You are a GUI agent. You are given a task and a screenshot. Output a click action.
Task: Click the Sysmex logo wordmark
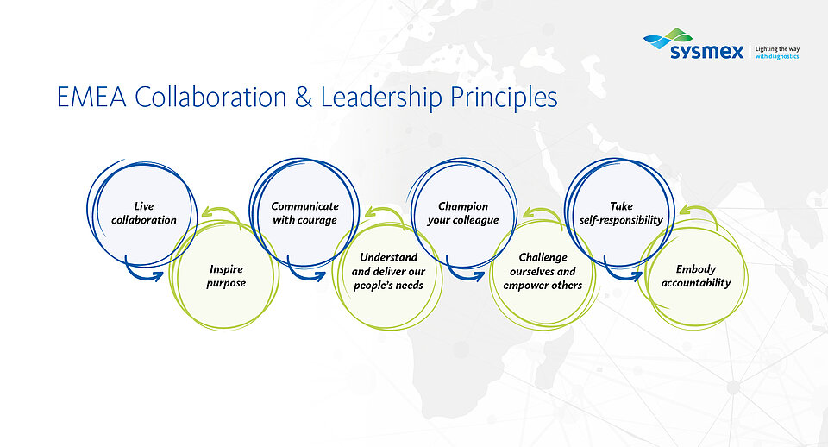coord(706,52)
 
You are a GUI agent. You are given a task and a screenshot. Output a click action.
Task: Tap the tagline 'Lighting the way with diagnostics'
coord(777,53)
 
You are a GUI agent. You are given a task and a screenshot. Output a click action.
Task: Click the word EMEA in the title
coord(91,98)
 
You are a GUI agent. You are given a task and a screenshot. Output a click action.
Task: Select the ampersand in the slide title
coord(304,98)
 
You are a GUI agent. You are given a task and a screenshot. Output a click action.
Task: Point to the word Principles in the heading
coord(504,98)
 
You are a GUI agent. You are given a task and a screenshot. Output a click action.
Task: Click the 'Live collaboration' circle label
coord(144,213)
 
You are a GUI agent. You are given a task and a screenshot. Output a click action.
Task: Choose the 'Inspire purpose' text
coord(226,276)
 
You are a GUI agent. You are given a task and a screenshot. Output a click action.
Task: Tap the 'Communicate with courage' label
coord(304,213)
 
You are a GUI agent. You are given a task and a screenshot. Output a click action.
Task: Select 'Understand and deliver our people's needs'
coord(388,271)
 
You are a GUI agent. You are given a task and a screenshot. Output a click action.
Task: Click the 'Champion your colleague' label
coord(463,213)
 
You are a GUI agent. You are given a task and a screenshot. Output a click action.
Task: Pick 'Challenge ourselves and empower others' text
coord(543,271)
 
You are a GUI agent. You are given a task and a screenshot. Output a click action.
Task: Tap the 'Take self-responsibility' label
coord(621,213)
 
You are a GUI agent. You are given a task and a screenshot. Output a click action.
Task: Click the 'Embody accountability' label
coord(696,276)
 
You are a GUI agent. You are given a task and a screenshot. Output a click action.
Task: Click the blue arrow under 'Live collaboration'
coord(140,274)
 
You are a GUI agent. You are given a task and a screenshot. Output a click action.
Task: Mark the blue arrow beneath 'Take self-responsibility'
coord(619,274)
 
